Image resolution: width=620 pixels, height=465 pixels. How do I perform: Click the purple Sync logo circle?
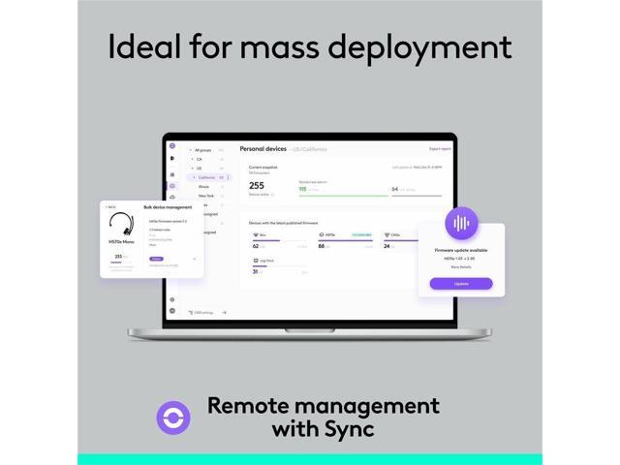[x=173, y=417]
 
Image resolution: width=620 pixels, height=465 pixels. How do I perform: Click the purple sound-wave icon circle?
[x=461, y=223]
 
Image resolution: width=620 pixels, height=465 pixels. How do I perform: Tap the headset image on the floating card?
[x=121, y=232]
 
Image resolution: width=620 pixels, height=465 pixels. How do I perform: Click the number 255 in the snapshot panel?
[x=256, y=185]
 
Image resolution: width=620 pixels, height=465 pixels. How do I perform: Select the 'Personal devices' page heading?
[x=263, y=149]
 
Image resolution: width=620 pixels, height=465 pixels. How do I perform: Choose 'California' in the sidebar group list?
[x=207, y=177]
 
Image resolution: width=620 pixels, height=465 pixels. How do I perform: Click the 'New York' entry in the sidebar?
[x=206, y=196]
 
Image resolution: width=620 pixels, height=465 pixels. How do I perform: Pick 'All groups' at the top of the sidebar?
[x=203, y=150]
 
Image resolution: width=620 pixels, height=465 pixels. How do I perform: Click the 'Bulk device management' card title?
[x=168, y=207]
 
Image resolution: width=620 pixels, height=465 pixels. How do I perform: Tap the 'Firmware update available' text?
[x=460, y=250]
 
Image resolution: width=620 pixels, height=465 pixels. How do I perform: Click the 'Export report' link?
[x=440, y=149]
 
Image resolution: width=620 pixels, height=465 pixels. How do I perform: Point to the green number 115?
[x=302, y=189]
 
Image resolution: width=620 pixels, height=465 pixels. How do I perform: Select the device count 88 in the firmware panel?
[x=323, y=246]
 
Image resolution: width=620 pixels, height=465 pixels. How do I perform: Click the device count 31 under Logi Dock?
[x=255, y=271]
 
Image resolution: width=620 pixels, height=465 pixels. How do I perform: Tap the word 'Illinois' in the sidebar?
[x=203, y=186]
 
